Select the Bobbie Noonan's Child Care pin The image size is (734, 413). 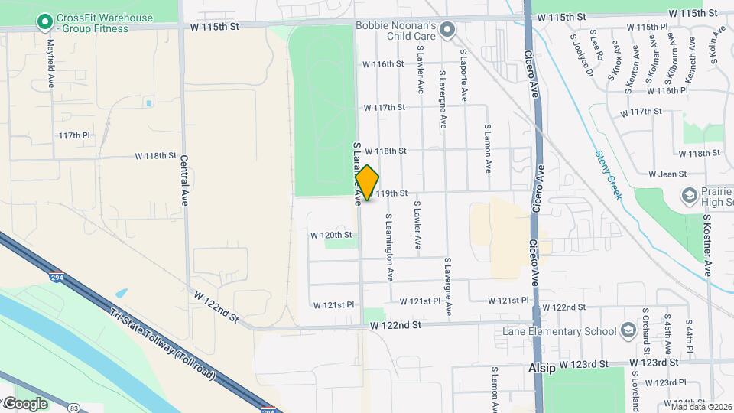448,31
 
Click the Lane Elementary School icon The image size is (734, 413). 628,330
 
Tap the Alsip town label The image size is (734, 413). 542,368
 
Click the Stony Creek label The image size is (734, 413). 609,174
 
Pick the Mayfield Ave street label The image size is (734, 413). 51,63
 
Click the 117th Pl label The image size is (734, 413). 74,135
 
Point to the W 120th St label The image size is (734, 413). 330,235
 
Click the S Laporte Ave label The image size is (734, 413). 463,76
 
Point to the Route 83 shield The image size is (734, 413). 73,408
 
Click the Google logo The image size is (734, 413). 25,403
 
